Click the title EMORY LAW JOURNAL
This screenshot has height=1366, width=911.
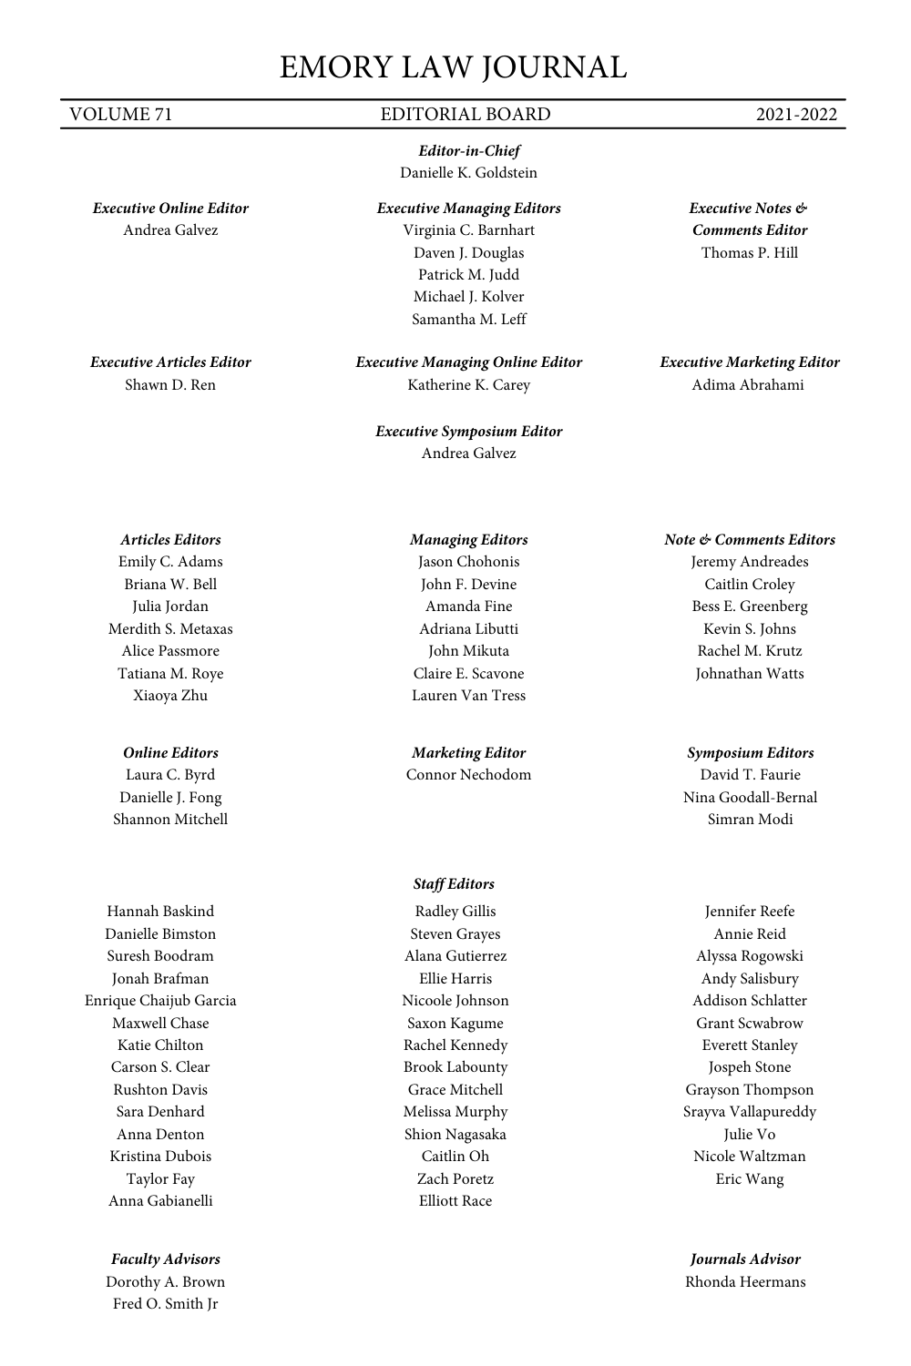coord(453,67)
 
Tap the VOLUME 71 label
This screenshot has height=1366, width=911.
coord(120,115)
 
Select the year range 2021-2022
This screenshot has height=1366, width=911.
coord(795,115)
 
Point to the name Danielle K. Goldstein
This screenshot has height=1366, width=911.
coord(468,173)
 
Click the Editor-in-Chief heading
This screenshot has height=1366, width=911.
coord(468,151)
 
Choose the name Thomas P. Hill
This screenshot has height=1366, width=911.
coord(749,253)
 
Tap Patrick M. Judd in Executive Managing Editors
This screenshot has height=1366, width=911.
coord(468,275)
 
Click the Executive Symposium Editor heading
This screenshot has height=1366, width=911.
coord(468,432)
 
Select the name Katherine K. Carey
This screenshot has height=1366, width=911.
coord(468,385)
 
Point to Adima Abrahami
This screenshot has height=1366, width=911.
coord(748,385)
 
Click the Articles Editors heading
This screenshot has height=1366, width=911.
coord(170,540)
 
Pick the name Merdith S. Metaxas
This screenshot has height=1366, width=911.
coord(170,629)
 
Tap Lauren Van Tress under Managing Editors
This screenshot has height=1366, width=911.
coord(468,696)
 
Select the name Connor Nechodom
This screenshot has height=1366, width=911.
coord(468,775)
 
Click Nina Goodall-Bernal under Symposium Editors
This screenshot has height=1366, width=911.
coord(750,798)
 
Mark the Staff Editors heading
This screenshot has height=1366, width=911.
coord(454,884)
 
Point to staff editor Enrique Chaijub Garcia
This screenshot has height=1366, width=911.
coord(160,1001)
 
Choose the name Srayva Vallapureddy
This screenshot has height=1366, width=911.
coord(750,1112)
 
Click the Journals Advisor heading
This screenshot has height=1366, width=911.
coord(745,1259)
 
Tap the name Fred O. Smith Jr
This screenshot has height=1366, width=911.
coord(165,1304)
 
